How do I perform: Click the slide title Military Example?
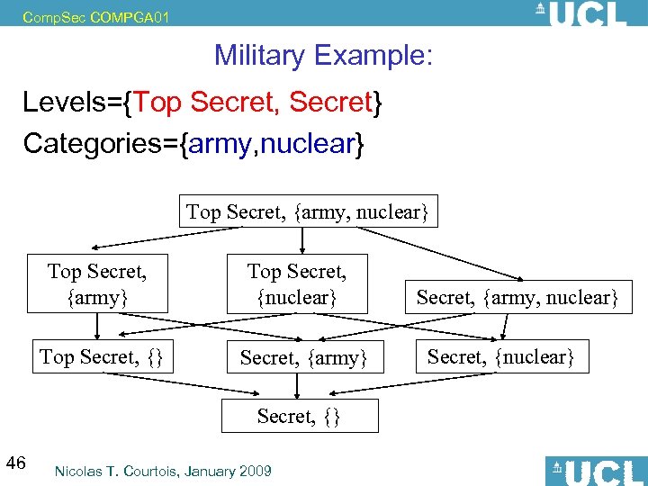coord(323,56)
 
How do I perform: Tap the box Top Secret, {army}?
coord(97,283)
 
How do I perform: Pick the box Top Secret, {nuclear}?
coord(297,283)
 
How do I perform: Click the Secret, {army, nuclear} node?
coord(517,297)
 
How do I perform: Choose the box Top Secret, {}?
coord(101,356)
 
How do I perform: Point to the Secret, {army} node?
coord(303,358)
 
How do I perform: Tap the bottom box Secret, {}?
coord(298,416)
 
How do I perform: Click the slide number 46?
coord(15,463)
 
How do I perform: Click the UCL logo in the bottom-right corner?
coord(593,471)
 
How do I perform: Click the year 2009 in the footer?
coord(255,471)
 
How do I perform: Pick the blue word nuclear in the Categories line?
coord(316,143)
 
